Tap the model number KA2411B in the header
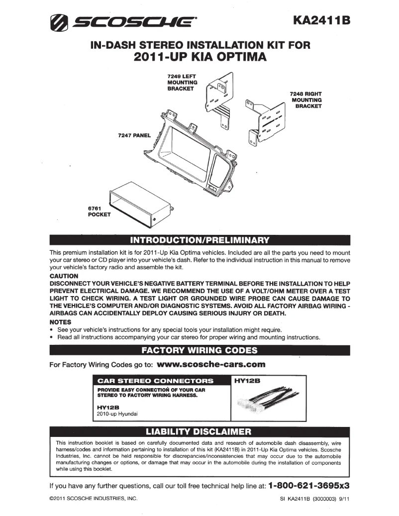point(322,20)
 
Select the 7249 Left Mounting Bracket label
point(183,82)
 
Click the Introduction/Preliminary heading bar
point(199,241)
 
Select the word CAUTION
point(64,276)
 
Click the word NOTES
point(61,322)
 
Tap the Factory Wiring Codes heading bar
point(199,350)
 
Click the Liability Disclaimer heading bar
point(199,431)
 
